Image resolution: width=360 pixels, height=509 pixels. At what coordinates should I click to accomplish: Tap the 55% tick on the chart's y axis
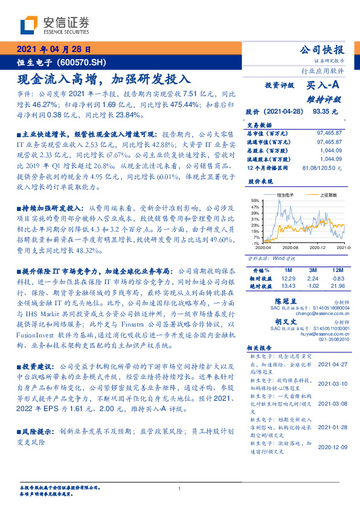(x=255, y=200)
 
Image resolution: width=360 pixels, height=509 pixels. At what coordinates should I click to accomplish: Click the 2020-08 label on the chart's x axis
(x=291, y=248)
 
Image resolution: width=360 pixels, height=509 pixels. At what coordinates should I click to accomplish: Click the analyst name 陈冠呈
(x=286, y=300)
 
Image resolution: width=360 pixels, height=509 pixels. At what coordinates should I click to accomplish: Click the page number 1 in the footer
(x=180, y=489)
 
